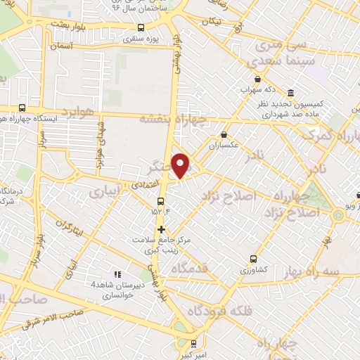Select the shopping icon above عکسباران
click(224, 135)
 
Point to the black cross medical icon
click(162, 229)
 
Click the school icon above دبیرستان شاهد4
click(117, 274)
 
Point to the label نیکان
click(211, 21)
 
